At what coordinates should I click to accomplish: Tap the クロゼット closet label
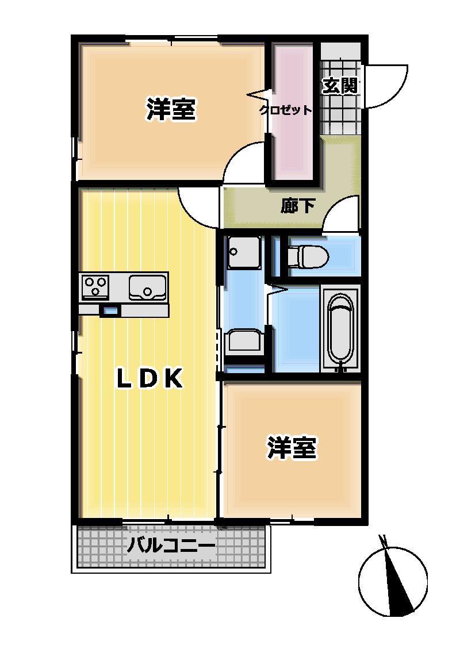click(286, 110)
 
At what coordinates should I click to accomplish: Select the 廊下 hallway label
click(298, 206)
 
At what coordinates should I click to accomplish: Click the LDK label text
click(150, 379)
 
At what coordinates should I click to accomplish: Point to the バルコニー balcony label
click(171, 545)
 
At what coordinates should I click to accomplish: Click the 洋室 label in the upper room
click(171, 109)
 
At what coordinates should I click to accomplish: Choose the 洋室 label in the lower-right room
click(292, 448)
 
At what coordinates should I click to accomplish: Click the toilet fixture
click(308, 255)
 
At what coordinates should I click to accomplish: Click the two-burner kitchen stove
click(96, 286)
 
